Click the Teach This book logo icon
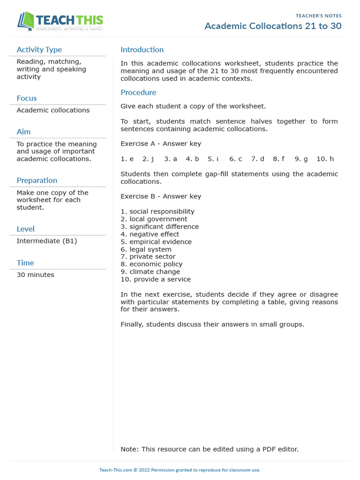pos(26,22)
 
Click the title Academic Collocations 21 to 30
pos(273,26)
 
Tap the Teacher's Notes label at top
pos(318,15)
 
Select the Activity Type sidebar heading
pos(39,50)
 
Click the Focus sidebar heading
pos(27,98)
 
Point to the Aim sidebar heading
pos(23,132)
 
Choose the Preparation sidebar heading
pos(37,180)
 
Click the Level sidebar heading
pos(25,229)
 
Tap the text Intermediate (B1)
pos(46,241)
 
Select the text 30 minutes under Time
pos(35,275)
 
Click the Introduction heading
pos(142,50)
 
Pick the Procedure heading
pos(138,92)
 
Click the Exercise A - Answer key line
pos(161,144)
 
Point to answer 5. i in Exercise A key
pos(213,159)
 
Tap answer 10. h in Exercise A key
pos(325,159)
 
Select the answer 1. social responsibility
pos(157,211)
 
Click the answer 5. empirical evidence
pos(156,242)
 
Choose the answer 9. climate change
pos(150,272)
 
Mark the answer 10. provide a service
pos(156,279)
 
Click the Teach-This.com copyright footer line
pos(180,470)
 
